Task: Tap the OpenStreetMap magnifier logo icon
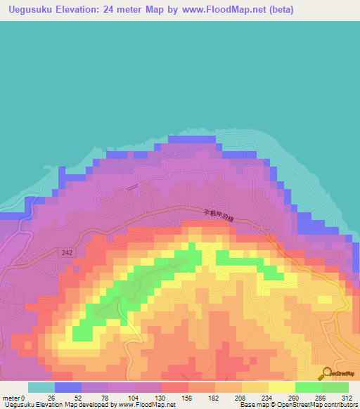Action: (325, 374)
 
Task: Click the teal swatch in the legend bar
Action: (41, 387)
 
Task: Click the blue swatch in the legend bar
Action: (68, 387)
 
